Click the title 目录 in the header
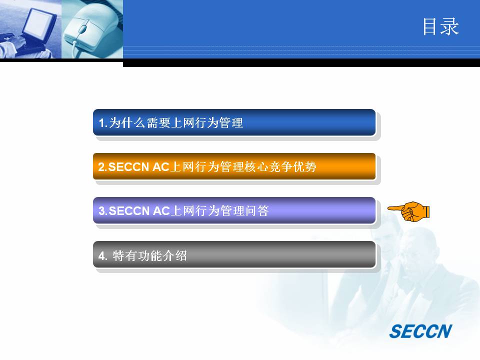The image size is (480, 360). coord(441,26)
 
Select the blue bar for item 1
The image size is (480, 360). coord(234,122)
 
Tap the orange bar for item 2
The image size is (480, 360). coord(234,166)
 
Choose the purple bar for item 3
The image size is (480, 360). coord(234,210)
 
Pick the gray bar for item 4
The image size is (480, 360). coord(234,254)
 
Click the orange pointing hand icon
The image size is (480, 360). coord(408,211)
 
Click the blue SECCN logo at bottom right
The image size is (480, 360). coord(420,331)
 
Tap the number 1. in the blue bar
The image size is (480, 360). coord(103,123)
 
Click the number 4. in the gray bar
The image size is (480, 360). coord(103,256)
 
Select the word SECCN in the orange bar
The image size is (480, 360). coord(128,167)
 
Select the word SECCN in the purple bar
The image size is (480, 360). coord(129,211)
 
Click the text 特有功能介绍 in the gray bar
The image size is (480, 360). coord(149,255)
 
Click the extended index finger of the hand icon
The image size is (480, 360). coord(395,208)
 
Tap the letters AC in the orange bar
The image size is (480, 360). coord(160,167)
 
